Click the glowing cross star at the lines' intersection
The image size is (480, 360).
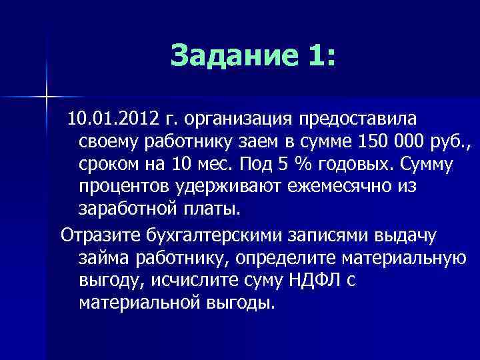[x=47, y=97]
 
